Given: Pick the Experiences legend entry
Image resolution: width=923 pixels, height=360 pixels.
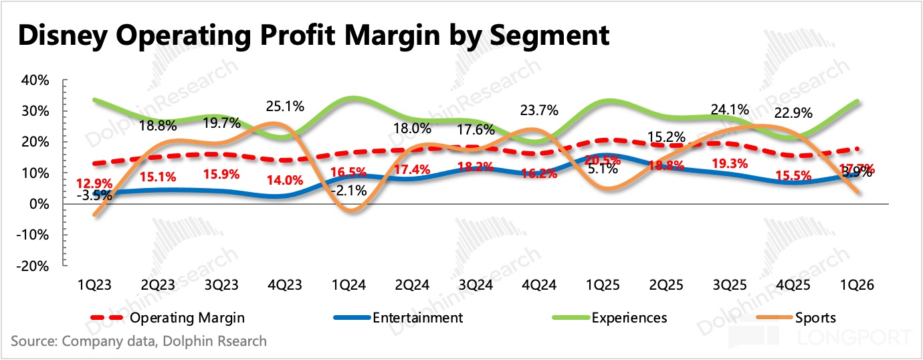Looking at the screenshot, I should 629,317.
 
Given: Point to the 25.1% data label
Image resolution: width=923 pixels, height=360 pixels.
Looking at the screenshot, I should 285,106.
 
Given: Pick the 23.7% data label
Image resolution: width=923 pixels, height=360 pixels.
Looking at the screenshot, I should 535,111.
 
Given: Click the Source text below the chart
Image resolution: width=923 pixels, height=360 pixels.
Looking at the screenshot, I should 138,341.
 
